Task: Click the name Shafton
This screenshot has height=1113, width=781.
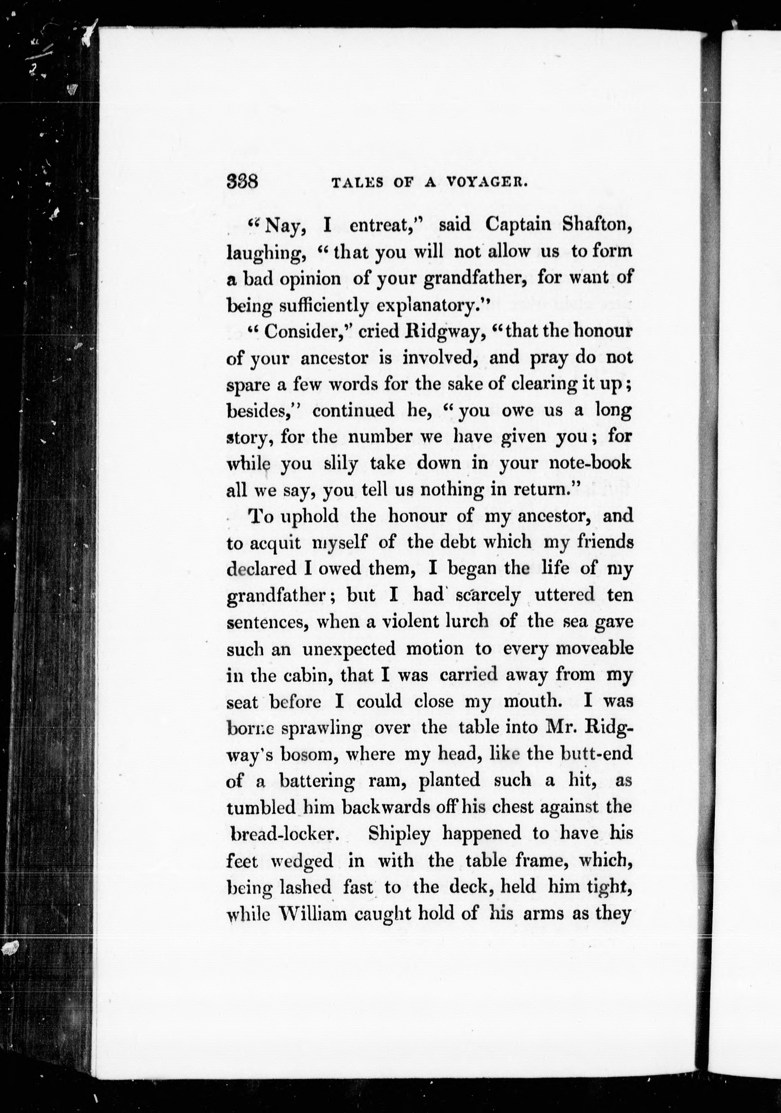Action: (597, 224)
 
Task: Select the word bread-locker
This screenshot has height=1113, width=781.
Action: (289, 834)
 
